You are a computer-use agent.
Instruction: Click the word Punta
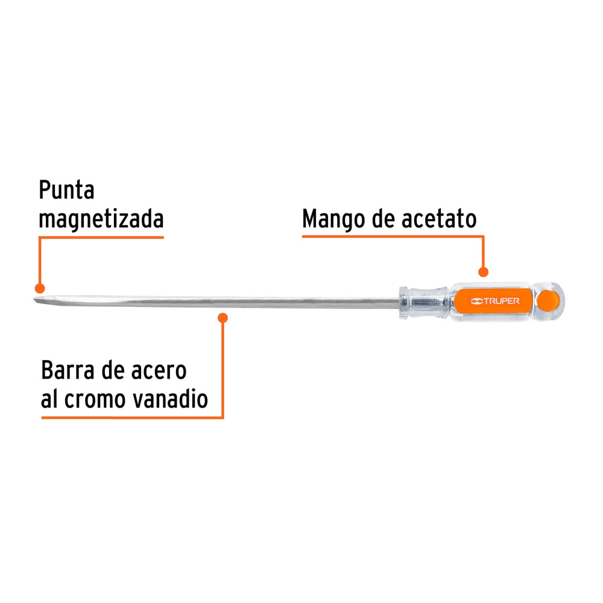(x=66, y=189)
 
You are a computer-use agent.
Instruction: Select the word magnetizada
(x=101, y=219)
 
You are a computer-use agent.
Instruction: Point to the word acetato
(x=439, y=219)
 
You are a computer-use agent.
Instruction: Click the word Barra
(x=68, y=370)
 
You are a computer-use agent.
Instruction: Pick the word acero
(x=159, y=371)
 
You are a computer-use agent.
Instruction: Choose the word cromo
(x=95, y=400)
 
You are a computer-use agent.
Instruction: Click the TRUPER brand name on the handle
(x=501, y=301)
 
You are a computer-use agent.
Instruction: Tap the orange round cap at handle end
(x=548, y=301)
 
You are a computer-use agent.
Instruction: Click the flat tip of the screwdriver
(x=37, y=301)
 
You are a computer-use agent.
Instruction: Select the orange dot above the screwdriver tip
(x=40, y=288)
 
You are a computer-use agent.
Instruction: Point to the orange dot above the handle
(x=483, y=272)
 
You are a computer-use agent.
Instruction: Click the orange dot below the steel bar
(x=223, y=318)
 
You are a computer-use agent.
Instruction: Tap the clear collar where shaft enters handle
(x=423, y=303)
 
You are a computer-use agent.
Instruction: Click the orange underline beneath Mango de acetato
(x=393, y=236)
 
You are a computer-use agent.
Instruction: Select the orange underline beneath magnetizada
(x=101, y=238)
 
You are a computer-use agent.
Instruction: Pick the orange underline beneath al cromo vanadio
(x=132, y=417)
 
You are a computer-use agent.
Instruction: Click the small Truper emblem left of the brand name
(x=476, y=301)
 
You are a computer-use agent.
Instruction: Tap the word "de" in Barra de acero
(x=113, y=370)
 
